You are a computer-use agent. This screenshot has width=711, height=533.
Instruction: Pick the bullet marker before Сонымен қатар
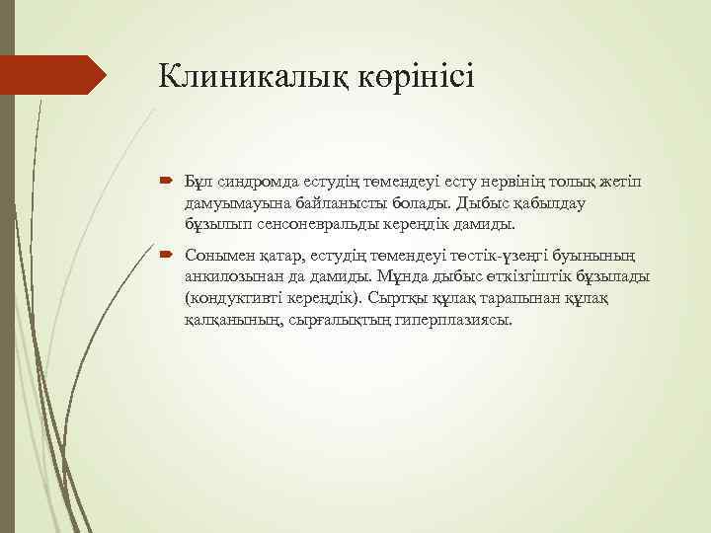pos(166,255)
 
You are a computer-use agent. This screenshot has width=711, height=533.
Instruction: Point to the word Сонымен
pos(216,255)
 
